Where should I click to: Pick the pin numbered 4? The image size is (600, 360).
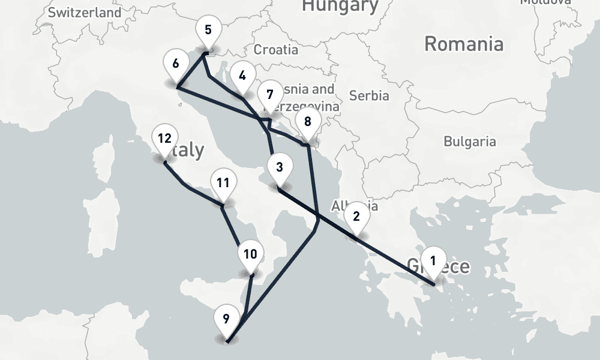[242, 76]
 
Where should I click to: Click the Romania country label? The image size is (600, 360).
[463, 44]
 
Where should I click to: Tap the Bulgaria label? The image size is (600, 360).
[470, 142]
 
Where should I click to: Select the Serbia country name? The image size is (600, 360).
[369, 95]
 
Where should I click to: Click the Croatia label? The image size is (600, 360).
[276, 50]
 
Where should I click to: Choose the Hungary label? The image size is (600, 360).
[340, 6]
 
